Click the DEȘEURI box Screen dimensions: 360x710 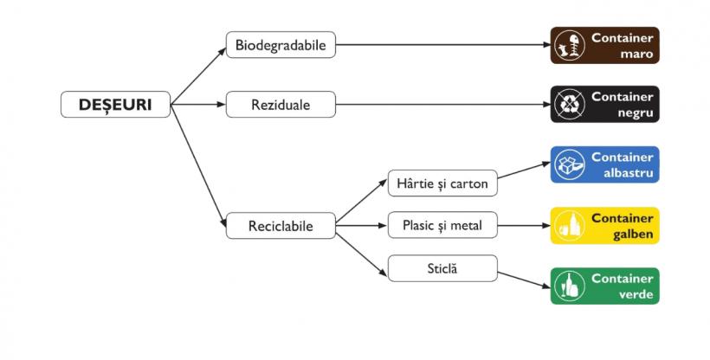tap(115, 105)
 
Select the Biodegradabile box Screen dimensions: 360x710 tap(281, 45)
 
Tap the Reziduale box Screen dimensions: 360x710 tap(281, 105)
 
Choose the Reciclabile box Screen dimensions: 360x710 tap(281, 227)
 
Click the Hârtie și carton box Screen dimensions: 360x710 tap(442, 183)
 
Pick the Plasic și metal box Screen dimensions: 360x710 tap(442, 226)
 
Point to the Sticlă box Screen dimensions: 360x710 tap(442, 268)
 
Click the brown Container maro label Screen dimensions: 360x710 tap(605, 45)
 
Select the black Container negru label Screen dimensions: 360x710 tap(605, 104)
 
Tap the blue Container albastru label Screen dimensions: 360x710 tap(605, 164)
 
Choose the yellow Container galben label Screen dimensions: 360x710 tap(605, 225)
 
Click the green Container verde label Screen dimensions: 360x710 tap(605, 286)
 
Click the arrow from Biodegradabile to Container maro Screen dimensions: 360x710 tap(442, 45)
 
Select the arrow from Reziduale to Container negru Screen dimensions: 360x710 tap(442, 105)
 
